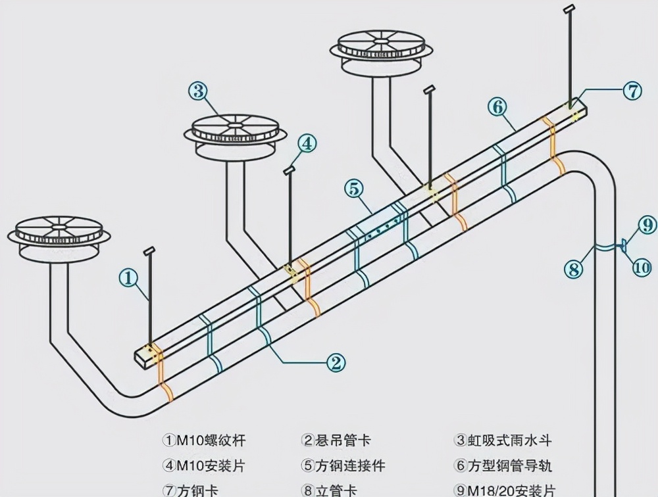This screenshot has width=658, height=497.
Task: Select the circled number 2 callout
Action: [x=336, y=362]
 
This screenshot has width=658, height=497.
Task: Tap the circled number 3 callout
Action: [x=198, y=91]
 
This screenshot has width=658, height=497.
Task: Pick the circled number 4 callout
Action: [x=307, y=143]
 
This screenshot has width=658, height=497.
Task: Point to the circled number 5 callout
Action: [x=354, y=189]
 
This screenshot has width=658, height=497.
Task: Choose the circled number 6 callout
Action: [x=497, y=106]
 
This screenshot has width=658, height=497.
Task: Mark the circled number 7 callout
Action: [x=632, y=91]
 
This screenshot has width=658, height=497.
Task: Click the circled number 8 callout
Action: [x=573, y=268]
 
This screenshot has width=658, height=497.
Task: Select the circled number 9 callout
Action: [x=648, y=225]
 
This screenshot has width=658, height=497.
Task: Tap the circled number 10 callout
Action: [x=642, y=268]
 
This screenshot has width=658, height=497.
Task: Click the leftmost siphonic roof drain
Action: [x=59, y=233]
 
